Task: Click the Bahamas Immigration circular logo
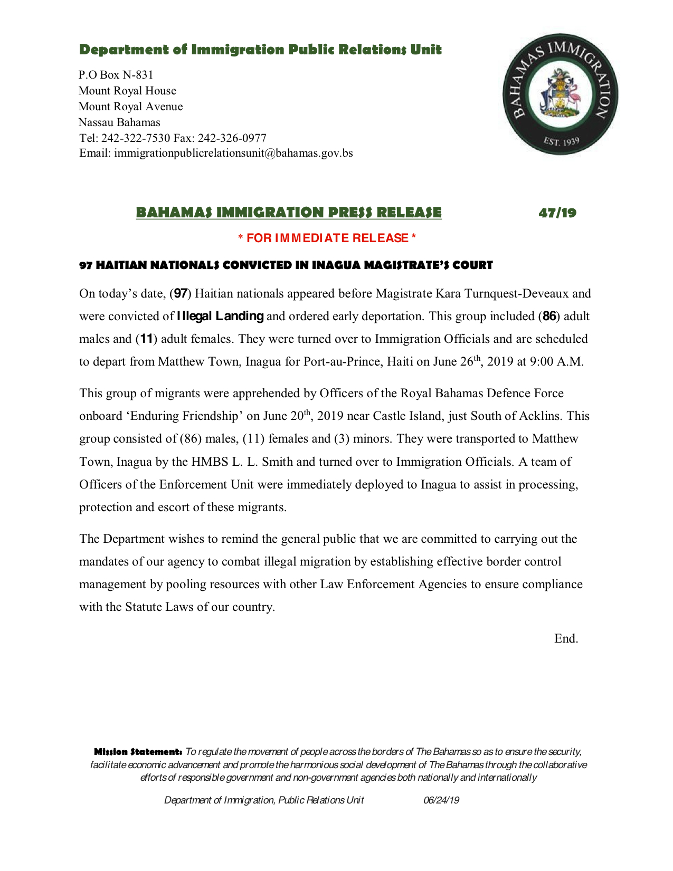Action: [x=560, y=95]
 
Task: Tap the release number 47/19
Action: [x=557, y=213]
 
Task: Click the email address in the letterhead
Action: [x=233, y=154]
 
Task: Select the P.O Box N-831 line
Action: [x=116, y=75]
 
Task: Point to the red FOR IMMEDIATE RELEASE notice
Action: [x=327, y=238]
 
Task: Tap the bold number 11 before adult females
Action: [x=146, y=339]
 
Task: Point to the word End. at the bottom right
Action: [x=566, y=639]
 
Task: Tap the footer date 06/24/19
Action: [x=441, y=800]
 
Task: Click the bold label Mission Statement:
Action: [x=138, y=751]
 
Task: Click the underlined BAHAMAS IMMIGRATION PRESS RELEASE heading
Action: [x=288, y=213]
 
